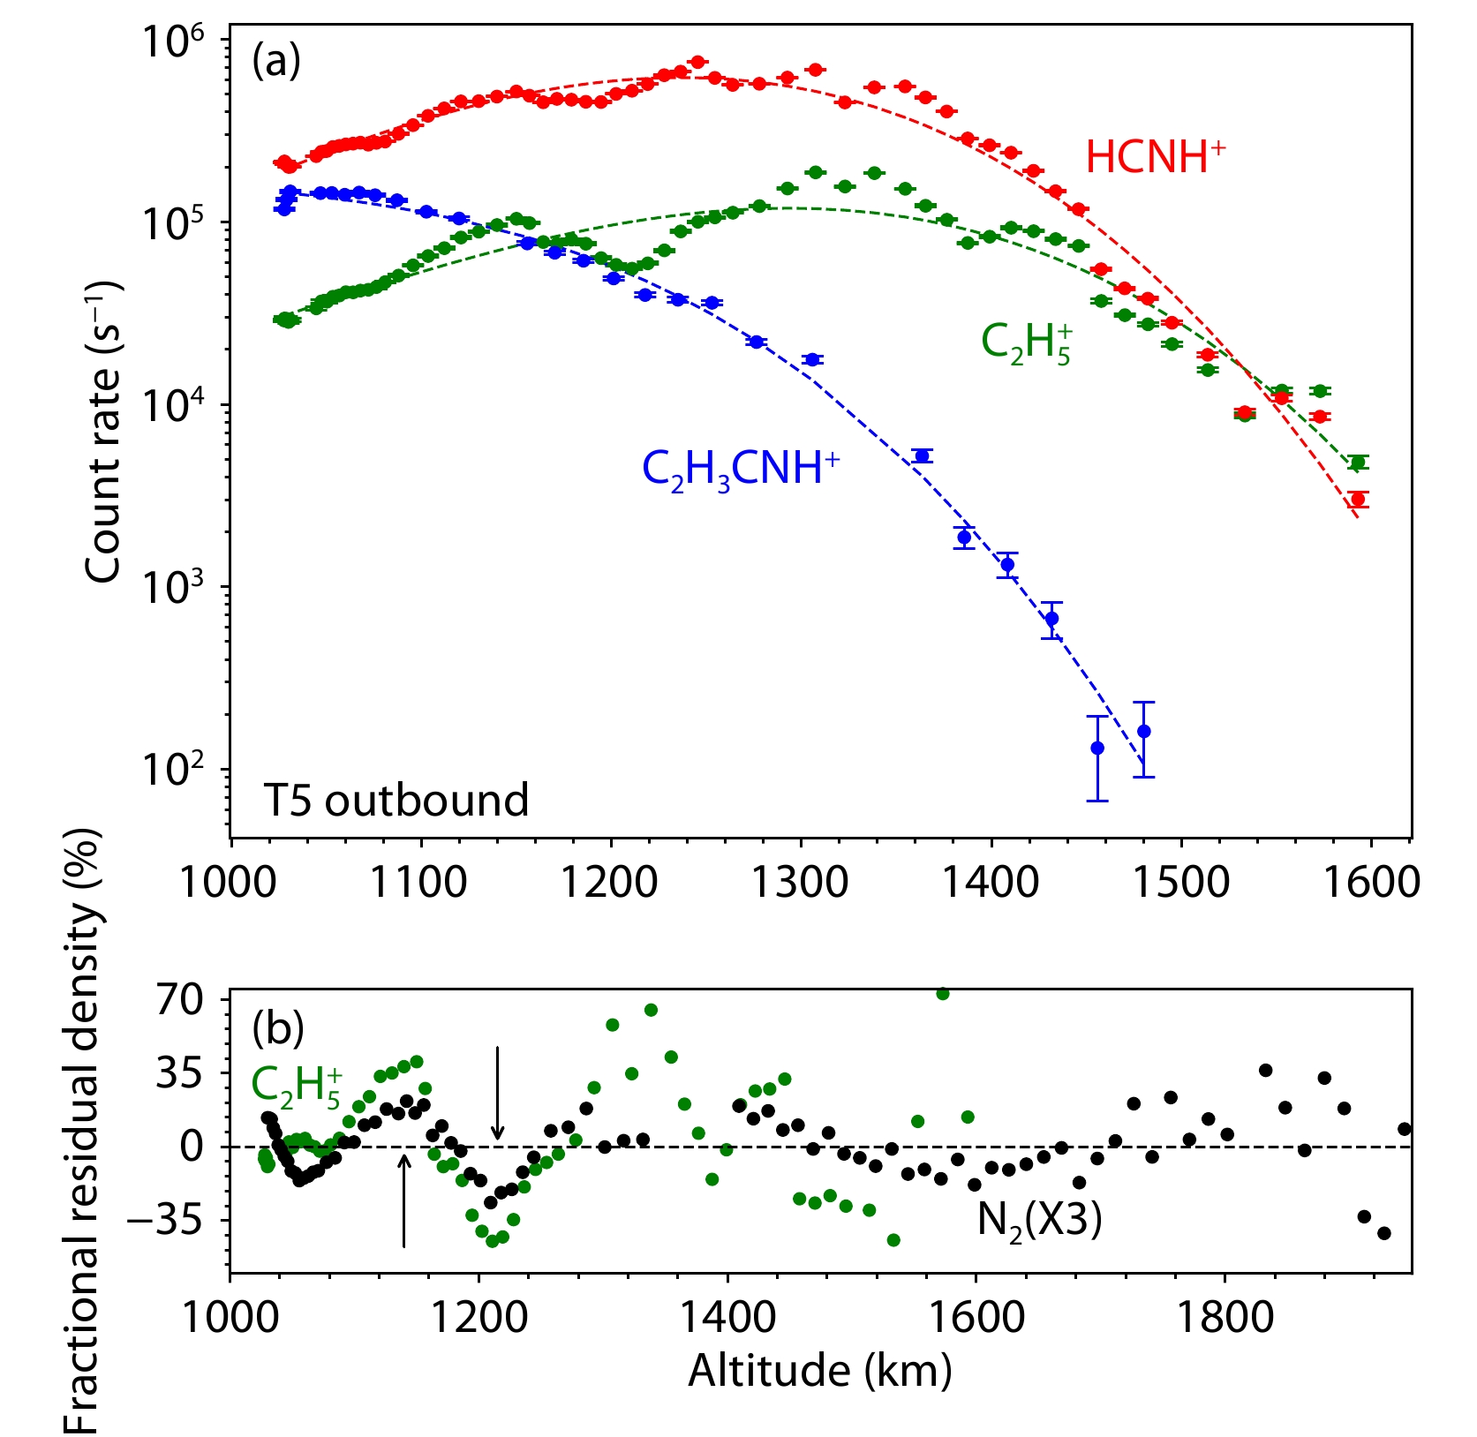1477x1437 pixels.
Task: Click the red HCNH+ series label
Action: click(1155, 158)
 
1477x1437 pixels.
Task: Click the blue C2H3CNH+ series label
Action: click(740, 469)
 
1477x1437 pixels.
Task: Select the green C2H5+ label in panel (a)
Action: click(1027, 343)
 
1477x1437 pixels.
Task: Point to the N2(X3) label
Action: click(1039, 1221)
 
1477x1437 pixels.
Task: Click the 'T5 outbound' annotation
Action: click(396, 801)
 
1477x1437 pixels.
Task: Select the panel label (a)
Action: click(276, 62)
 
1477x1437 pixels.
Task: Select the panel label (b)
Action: click(277, 1027)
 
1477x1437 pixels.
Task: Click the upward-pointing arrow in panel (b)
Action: click(404, 1200)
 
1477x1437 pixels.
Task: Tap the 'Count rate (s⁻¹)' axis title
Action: click(103, 433)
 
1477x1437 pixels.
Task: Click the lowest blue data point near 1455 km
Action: click(1097, 749)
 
